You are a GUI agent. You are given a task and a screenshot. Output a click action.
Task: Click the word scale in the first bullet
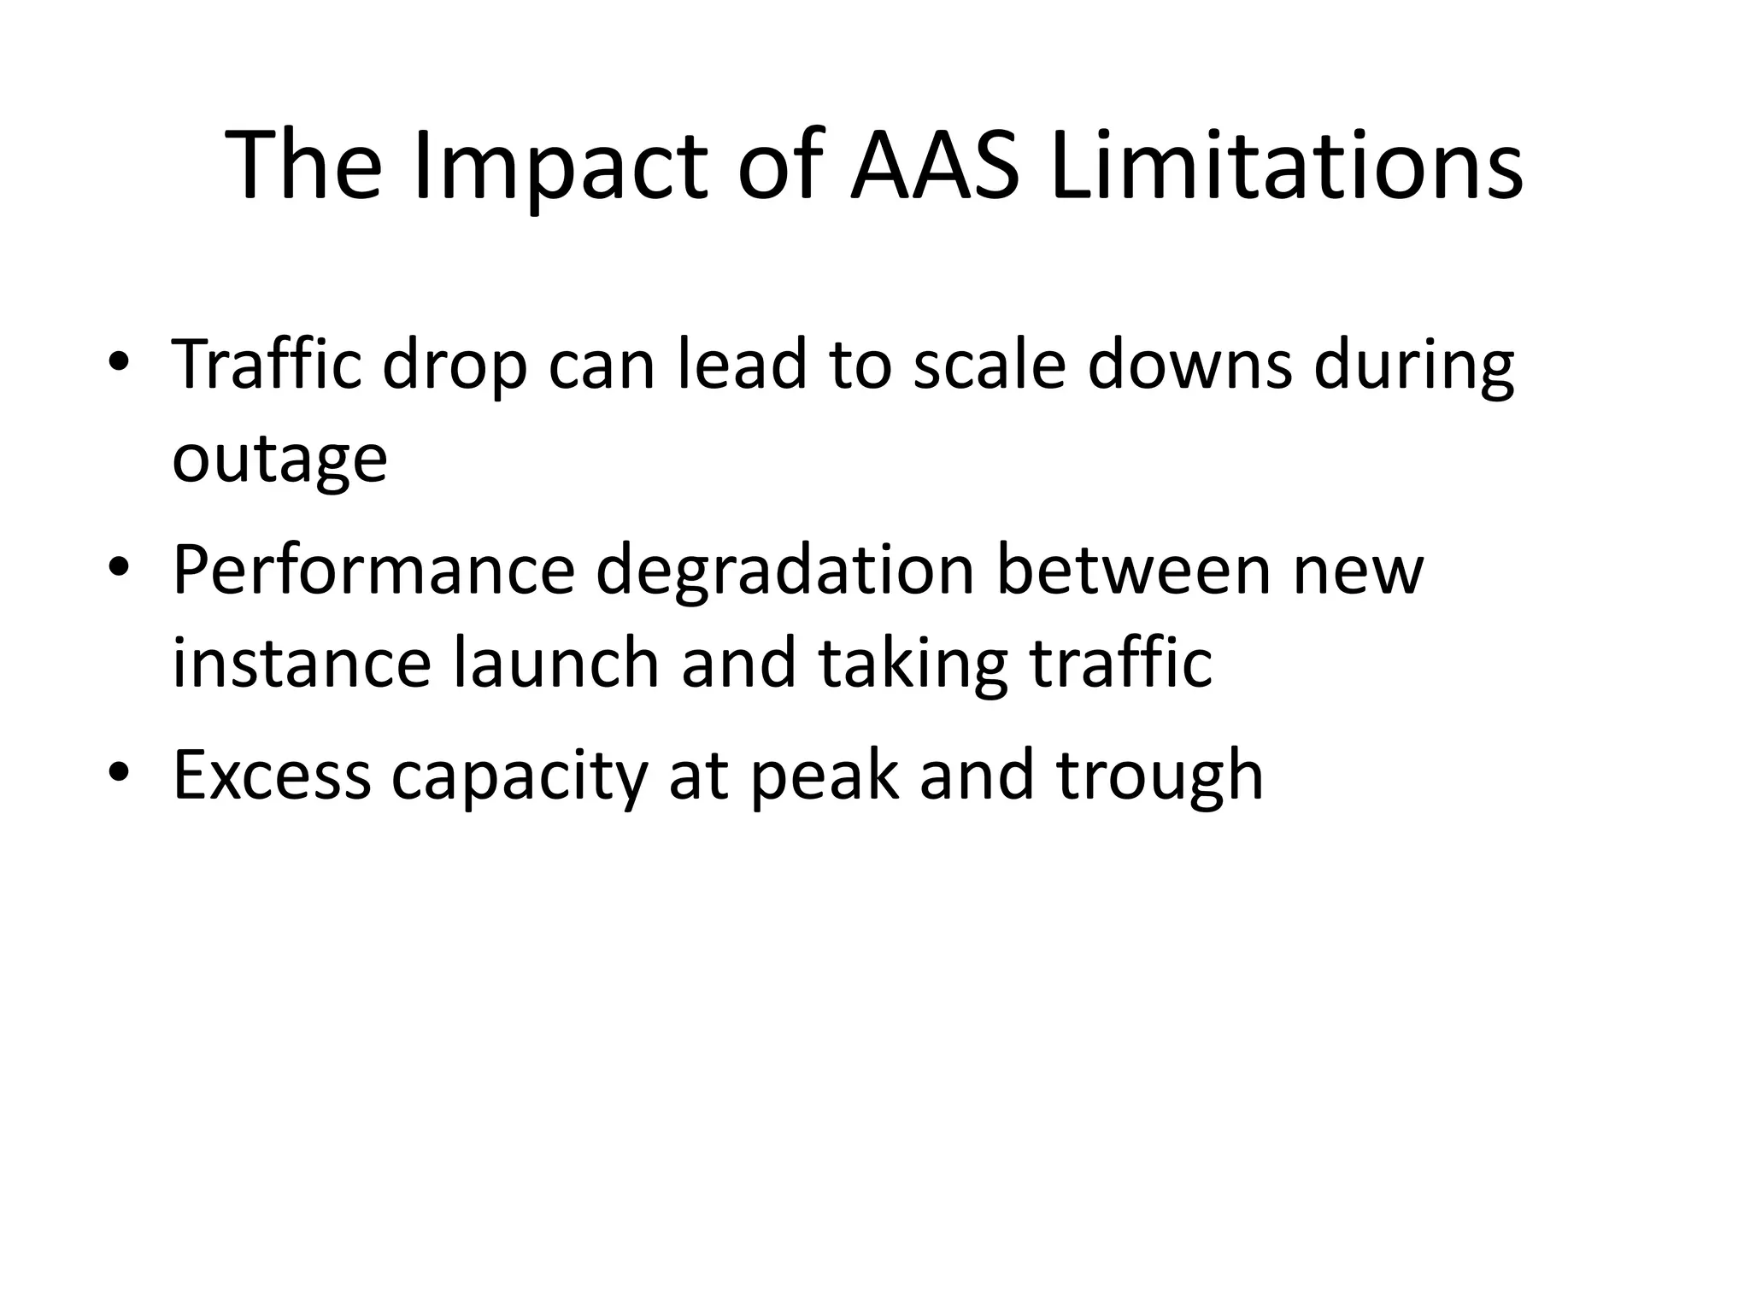point(990,366)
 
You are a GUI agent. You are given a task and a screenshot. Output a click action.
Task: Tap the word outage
point(279,459)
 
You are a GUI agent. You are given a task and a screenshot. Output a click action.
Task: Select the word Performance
point(374,570)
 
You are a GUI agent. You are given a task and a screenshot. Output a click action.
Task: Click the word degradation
point(785,570)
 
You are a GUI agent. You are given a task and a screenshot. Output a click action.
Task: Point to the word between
point(1134,570)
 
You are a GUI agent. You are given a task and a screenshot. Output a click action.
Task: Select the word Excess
point(272,775)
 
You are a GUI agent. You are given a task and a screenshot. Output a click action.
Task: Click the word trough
point(1160,775)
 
